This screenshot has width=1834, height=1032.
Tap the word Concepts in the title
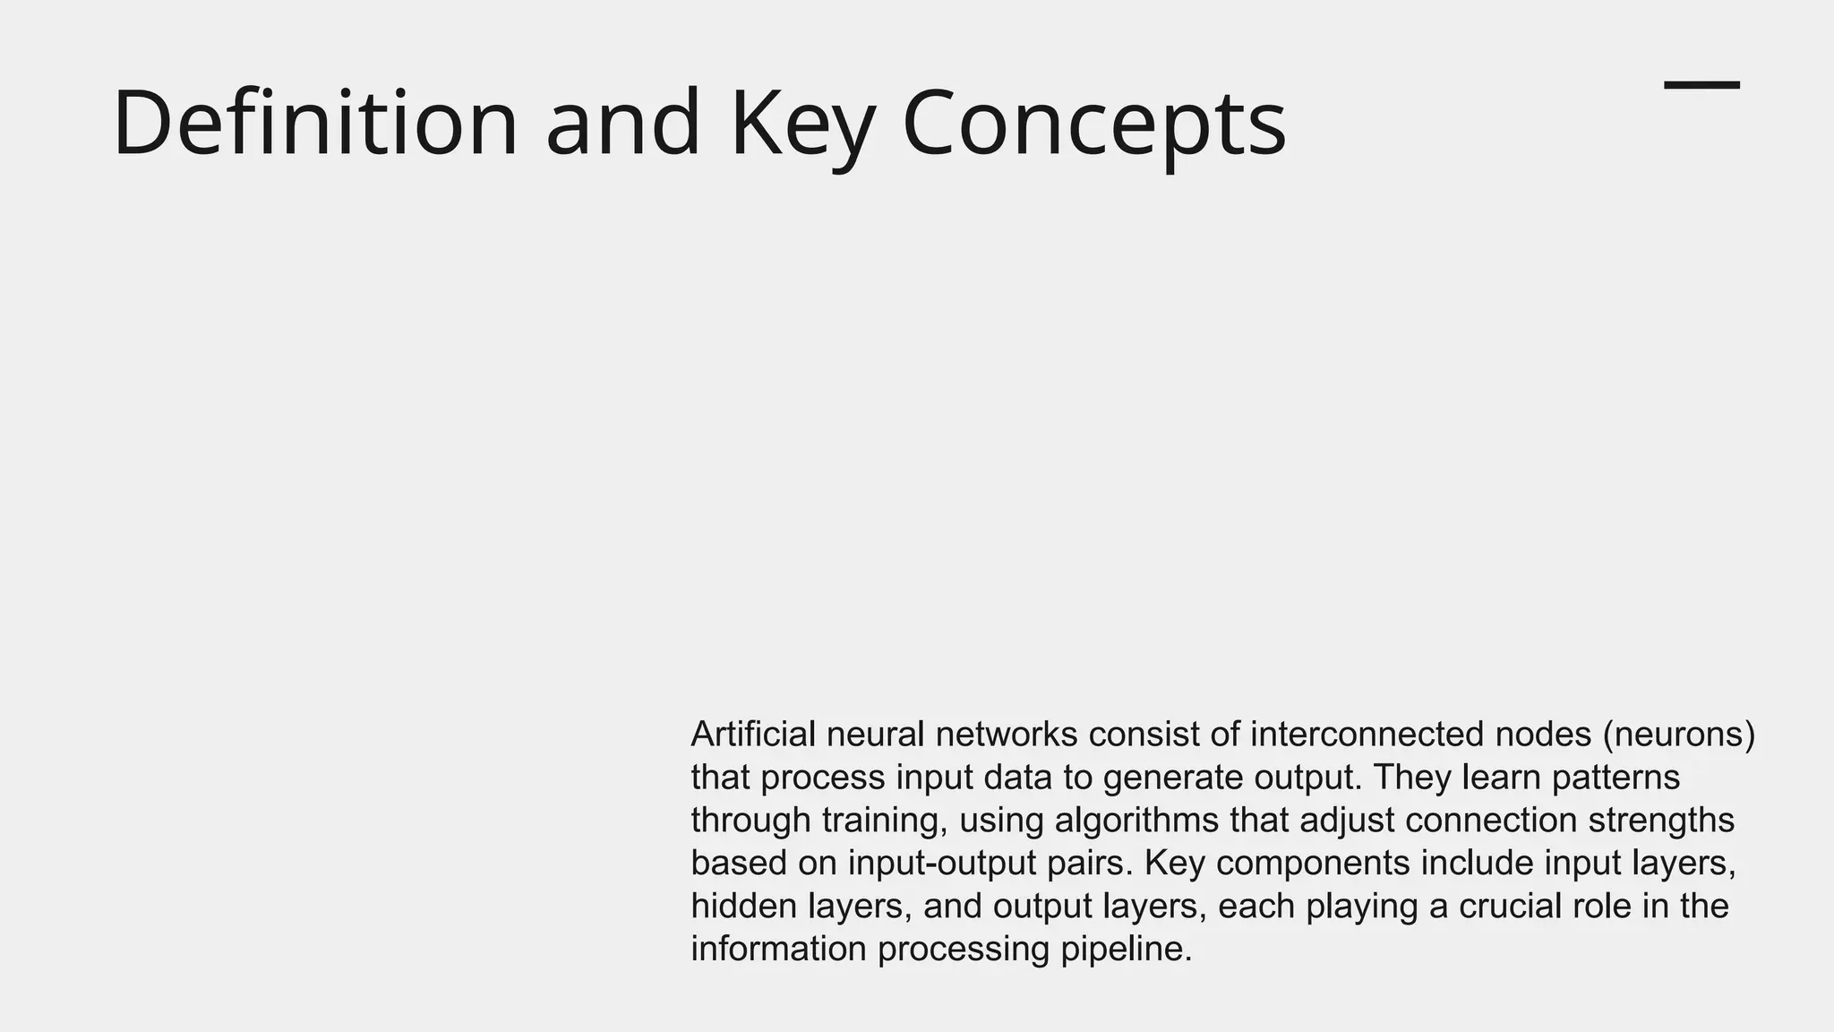point(1094,123)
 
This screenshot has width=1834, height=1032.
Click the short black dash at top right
point(1701,85)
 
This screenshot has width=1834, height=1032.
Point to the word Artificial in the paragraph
point(753,735)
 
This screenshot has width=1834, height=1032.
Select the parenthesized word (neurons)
point(1679,735)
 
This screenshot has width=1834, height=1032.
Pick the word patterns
point(1615,778)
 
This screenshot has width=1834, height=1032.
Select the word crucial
point(1513,907)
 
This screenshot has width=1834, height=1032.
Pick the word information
point(778,950)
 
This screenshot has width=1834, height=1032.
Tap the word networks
point(1007,735)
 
